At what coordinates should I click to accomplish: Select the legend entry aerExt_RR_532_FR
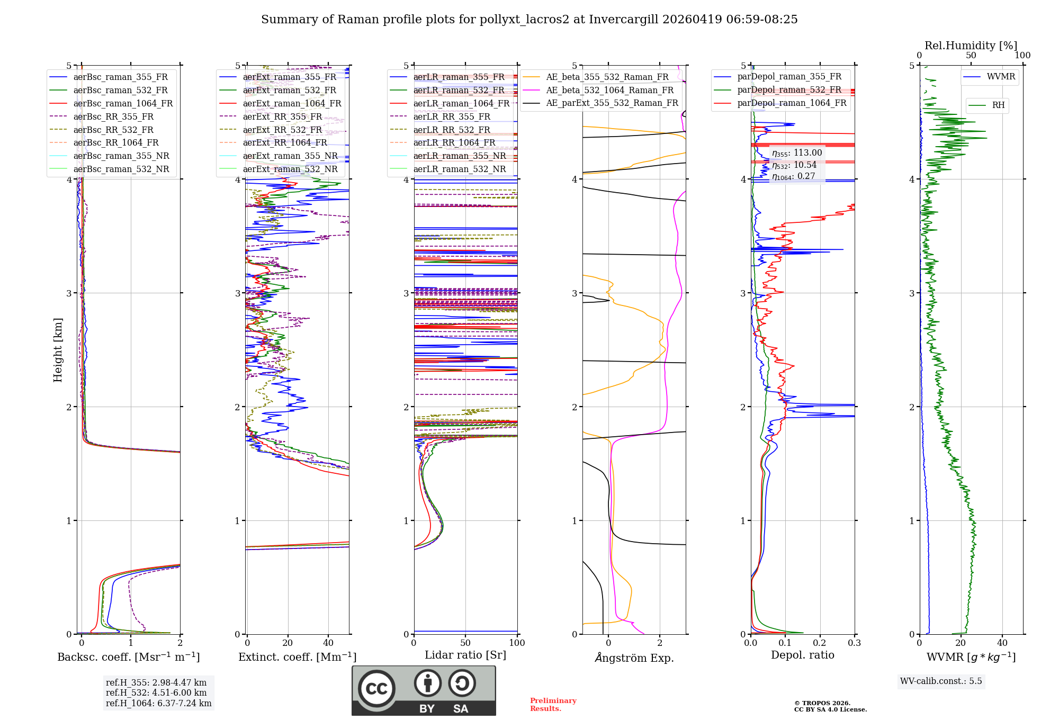click(x=282, y=130)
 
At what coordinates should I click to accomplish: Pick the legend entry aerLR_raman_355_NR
click(x=459, y=156)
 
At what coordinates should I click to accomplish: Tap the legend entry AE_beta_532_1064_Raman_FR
click(x=609, y=90)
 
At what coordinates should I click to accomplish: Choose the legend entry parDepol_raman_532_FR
click(x=789, y=90)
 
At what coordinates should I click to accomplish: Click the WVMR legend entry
click(x=1001, y=77)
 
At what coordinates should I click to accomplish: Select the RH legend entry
click(x=998, y=105)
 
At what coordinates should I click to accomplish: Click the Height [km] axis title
click(x=58, y=350)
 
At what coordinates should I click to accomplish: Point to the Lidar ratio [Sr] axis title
click(x=465, y=655)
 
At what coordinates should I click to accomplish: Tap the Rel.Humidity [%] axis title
click(x=971, y=46)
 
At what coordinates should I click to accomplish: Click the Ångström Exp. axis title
click(x=634, y=658)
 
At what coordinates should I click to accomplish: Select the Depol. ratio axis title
click(x=802, y=655)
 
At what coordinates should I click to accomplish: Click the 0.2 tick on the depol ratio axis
click(x=820, y=643)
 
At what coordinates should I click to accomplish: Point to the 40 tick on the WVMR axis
click(x=1002, y=643)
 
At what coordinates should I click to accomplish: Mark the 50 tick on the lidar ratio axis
click(x=465, y=643)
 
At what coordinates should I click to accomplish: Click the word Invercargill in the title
click(x=624, y=20)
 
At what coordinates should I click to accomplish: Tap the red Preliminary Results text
click(x=553, y=705)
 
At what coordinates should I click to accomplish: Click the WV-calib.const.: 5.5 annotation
click(x=941, y=681)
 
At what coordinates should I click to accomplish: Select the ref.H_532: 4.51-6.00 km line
click(x=156, y=693)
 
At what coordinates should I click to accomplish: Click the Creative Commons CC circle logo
click(x=376, y=689)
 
